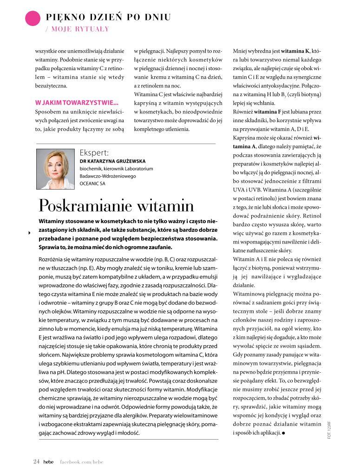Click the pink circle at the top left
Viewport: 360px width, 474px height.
pyautogui.click(x=33, y=19)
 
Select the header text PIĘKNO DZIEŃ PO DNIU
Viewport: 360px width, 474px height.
pyautogui.click(x=108, y=18)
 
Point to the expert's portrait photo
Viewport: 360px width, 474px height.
pyautogui.click(x=55, y=169)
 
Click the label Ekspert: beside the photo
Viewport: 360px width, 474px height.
pyautogui.click(x=94, y=152)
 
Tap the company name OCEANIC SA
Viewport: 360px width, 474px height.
pyautogui.click(x=92, y=184)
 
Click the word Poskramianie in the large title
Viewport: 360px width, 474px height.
pyautogui.click(x=87, y=206)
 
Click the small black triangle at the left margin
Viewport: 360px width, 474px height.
pyautogui.click(x=29, y=232)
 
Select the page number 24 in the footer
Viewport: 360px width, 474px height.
pyautogui.click(x=36, y=461)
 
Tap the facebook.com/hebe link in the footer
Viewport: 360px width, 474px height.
pyautogui.click(x=82, y=461)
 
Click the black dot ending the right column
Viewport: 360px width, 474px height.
pyautogui.click(x=283, y=433)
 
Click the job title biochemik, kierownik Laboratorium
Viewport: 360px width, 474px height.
pyautogui.click(x=116, y=169)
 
